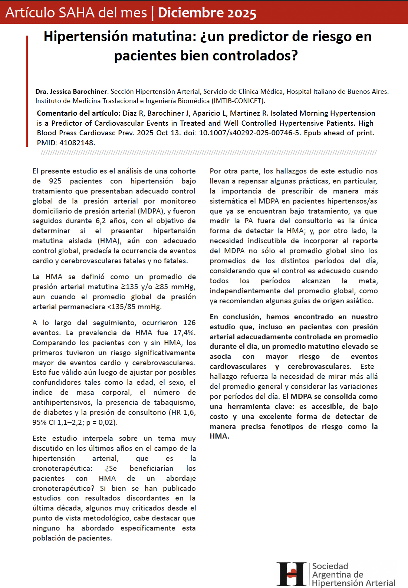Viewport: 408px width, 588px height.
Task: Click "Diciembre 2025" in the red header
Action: click(207, 13)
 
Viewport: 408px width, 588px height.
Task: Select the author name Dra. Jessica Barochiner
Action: click(71, 91)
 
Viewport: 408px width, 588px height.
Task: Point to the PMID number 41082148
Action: click(77, 143)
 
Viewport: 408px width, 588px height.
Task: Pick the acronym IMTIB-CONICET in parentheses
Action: click(237, 101)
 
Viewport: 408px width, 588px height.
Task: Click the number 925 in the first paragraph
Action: click(55, 181)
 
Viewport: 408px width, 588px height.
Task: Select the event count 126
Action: click(189, 323)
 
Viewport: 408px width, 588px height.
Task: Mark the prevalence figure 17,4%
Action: click(184, 333)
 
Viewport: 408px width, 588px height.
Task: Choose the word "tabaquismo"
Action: click(174, 402)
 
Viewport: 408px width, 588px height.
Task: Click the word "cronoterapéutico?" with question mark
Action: click(63, 488)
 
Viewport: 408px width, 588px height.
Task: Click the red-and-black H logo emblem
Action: click(292, 574)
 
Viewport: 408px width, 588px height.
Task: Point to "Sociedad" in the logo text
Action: click(330, 566)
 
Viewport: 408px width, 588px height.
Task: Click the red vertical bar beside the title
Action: click(27, 91)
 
